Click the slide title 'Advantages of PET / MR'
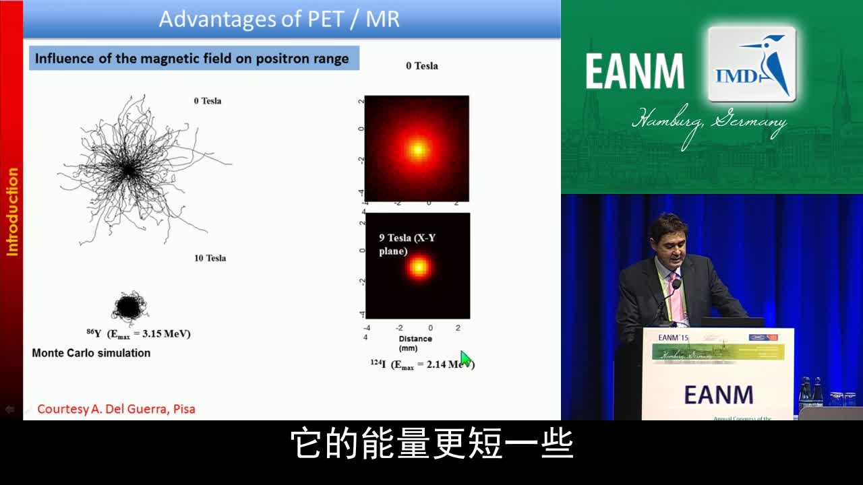(x=279, y=18)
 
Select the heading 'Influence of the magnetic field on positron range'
(x=191, y=59)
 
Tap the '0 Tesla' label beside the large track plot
(x=207, y=101)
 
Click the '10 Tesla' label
(x=210, y=258)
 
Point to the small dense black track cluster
(x=128, y=308)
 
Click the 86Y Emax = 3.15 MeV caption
(x=138, y=333)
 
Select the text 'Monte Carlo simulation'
(x=91, y=353)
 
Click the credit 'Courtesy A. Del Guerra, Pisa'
(x=116, y=409)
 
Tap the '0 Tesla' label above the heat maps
(x=421, y=66)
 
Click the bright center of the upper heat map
(x=418, y=149)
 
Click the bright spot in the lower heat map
(x=419, y=267)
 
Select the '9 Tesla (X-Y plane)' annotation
(x=403, y=245)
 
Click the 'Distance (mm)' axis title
(x=415, y=344)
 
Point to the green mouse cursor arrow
(x=465, y=358)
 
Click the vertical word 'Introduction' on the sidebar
(x=12, y=212)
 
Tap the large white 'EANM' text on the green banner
(x=634, y=71)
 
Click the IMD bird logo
(x=752, y=65)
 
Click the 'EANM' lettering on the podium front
(x=718, y=395)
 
